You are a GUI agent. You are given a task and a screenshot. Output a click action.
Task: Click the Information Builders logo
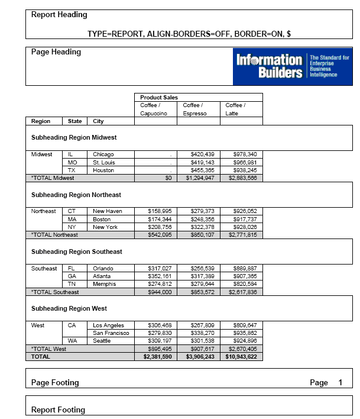293,66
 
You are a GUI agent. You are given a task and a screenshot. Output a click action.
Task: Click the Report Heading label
59,15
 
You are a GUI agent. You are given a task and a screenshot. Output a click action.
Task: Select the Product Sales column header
159,97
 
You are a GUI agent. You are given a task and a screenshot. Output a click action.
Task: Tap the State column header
75,121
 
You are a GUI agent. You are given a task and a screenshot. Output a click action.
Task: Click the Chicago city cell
103,154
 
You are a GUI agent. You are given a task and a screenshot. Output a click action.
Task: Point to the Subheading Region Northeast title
76,195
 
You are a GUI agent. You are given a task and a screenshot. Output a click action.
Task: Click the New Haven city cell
107,211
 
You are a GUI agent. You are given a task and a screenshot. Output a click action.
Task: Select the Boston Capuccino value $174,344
160,220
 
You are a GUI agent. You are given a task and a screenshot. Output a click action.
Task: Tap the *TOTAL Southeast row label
55,292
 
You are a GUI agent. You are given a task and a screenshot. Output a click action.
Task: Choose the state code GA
72,276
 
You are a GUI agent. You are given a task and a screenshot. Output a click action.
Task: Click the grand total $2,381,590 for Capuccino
157,357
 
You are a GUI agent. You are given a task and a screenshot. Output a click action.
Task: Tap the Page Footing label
55,383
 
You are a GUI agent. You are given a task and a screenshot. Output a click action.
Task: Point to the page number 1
340,383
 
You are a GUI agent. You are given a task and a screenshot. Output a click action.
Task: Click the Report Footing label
58,410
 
